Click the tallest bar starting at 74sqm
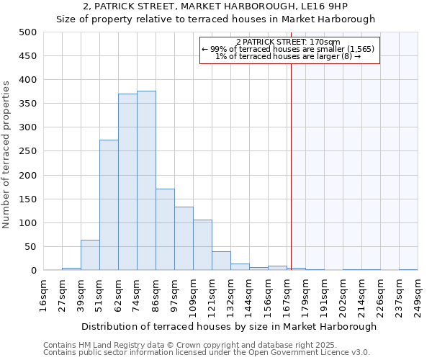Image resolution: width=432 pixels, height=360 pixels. pyautogui.click(x=146, y=181)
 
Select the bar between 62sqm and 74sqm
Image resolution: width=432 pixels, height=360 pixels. pyautogui.click(x=127, y=182)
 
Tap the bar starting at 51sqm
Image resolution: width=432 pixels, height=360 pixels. pyautogui.click(x=109, y=205)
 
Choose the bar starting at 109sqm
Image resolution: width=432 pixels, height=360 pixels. pyautogui.click(x=202, y=246)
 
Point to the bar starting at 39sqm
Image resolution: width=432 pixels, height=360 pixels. pyautogui.click(x=90, y=256)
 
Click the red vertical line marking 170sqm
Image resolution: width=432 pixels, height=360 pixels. pyautogui.click(x=291, y=166)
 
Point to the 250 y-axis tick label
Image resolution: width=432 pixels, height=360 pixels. pyautogui.click(x=28, y=152)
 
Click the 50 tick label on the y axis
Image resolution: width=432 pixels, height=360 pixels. pyautogui.click(x=31, y=247)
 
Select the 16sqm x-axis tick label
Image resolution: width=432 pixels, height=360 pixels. pyautogui.click(x=43, y=294)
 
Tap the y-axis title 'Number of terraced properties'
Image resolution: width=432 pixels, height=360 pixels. pyautogui.click(x=6, y=154)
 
